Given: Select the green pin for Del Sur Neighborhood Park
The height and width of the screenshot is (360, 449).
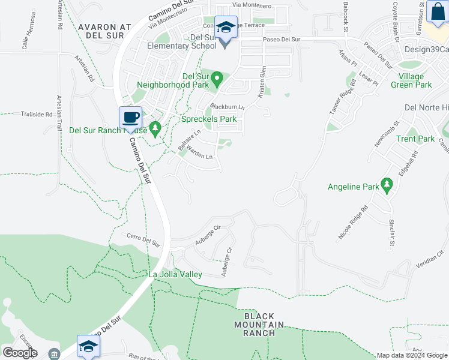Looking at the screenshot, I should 217,79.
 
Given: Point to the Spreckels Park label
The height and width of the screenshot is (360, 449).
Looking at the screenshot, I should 209,119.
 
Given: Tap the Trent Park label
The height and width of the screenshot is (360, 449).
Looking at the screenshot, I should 415,139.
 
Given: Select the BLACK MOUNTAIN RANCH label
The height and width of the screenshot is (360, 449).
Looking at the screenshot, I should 259,325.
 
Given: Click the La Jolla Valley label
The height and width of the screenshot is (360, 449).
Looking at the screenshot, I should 175,274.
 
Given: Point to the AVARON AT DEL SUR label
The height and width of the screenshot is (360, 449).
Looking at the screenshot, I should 104,31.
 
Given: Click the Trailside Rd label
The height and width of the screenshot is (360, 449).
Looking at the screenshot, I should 37,113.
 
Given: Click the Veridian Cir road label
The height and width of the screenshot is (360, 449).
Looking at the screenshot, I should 430,260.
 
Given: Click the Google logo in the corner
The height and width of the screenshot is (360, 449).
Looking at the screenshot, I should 20,353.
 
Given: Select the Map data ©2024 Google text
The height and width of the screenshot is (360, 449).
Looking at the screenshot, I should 411,355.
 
